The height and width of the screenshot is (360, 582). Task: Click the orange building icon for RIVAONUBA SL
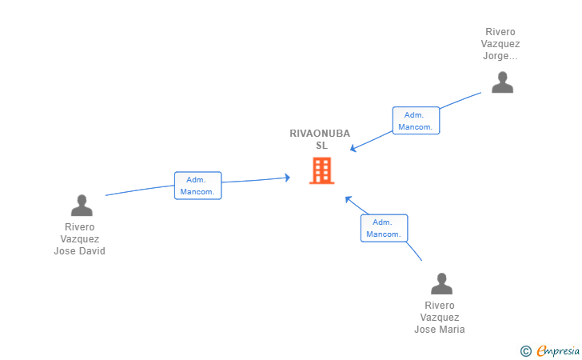322,170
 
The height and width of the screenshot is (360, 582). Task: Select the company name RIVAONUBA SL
320,139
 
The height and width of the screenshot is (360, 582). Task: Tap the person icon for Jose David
82,205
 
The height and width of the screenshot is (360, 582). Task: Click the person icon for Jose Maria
441,283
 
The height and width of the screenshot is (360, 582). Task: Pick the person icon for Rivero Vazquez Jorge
503,82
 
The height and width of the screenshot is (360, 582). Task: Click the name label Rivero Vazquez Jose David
80,239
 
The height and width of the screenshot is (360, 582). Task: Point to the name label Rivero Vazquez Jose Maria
440,318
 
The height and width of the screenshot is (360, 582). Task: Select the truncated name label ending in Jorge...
500,44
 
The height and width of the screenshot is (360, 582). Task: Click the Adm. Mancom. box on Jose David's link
197,186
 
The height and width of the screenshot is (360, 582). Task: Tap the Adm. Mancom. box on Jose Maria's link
385,228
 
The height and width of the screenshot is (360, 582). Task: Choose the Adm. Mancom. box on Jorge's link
416,120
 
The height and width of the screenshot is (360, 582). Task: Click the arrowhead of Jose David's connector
288,178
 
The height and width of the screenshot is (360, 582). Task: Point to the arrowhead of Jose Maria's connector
348,198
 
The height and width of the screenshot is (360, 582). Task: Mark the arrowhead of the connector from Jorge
353,149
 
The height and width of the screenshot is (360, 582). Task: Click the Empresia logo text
558,350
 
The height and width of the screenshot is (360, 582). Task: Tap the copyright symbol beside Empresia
526,351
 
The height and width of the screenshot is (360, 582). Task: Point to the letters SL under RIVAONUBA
322,146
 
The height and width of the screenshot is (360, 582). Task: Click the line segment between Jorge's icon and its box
460,100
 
